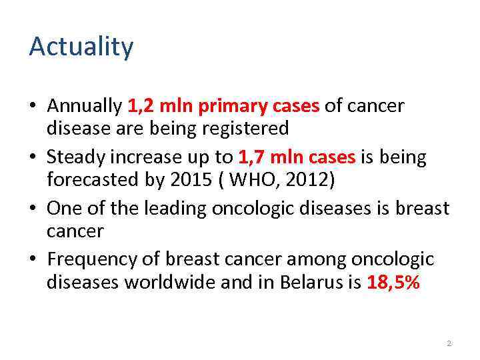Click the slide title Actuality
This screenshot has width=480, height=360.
coord(81,47)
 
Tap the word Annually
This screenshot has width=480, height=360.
coord(85,106)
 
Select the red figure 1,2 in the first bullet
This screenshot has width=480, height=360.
coord(138,106)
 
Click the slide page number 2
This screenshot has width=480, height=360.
coord(449,343)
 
